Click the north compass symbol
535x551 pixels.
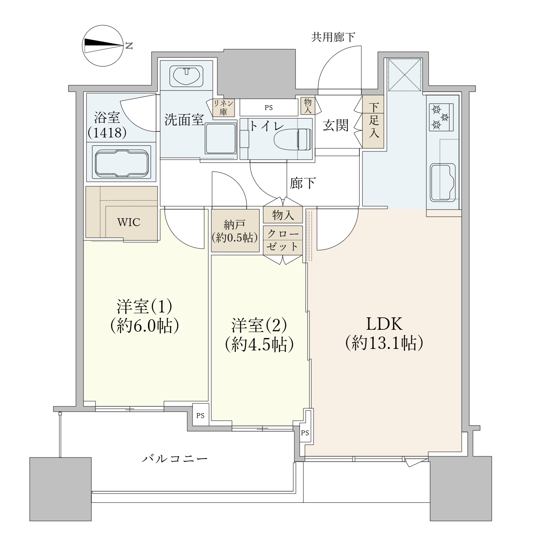point(103,46)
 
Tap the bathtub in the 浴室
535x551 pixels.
point(121,163)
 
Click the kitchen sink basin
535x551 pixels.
point(442,182)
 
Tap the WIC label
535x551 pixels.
point(129,222)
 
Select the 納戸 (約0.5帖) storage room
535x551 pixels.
point(235,231)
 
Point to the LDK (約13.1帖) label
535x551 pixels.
point(385,333)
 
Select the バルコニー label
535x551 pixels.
point(175,459)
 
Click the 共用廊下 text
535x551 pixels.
point(333,37)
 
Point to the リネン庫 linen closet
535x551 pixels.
point(224,107)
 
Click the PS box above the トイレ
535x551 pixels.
point(268,107)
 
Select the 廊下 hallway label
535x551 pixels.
point(303,183)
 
